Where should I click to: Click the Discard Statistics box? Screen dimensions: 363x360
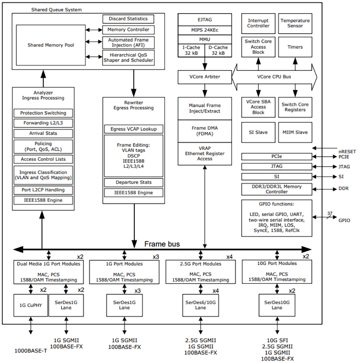[x=128, y=19]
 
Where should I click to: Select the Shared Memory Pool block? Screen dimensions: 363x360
[x=50, y=45]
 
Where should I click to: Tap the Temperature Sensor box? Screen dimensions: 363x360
[x=295, y=23]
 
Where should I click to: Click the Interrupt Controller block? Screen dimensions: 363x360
[x=258, y=23]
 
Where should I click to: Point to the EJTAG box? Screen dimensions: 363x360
[x=205, y=19]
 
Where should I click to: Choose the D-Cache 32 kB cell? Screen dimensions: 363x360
[x=218, y=50]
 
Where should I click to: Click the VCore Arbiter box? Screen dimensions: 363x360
[x=205, y=76]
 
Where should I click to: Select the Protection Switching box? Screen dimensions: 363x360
[x=43, y=113]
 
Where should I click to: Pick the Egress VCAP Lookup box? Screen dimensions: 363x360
[x=133, y=129]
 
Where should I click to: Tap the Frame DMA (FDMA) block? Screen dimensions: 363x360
[x=205, y=131]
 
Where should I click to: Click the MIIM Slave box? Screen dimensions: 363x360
[x=295, y=132]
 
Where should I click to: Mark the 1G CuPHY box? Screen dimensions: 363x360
[x=30, y=305]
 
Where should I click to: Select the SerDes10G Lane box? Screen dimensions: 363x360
[x=277, y=305]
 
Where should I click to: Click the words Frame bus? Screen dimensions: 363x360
[x=162, y=244]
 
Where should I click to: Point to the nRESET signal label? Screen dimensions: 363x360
[x=346, y=151]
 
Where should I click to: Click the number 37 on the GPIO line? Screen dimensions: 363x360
[x=330, y=213]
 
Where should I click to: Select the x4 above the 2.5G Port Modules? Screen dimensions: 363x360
[x=229, y=257]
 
